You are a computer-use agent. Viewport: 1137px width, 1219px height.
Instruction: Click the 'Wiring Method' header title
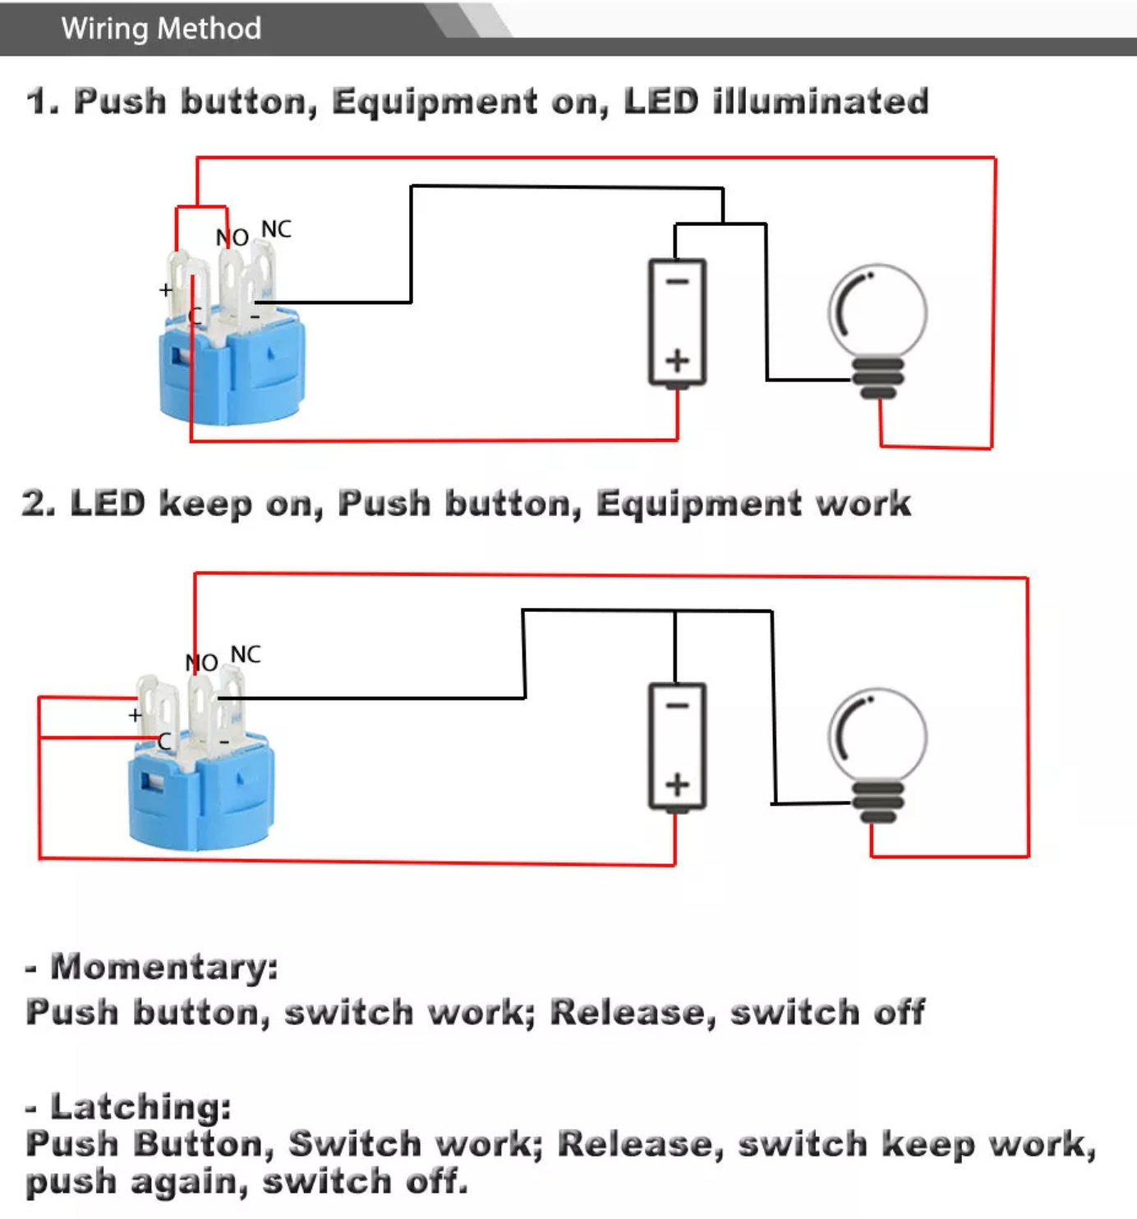coord(161,29)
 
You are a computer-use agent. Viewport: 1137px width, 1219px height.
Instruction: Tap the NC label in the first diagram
coord(276,229)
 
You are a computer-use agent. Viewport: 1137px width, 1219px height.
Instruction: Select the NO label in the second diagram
coord(201,662)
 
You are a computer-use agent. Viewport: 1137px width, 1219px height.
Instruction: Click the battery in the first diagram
coord(677,322)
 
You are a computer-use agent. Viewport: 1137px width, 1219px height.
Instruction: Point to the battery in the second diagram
coord(677,746)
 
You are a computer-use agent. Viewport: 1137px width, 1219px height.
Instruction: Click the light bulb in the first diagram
coord(877,329)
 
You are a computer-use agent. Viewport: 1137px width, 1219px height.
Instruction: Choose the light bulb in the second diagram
coord(877,752)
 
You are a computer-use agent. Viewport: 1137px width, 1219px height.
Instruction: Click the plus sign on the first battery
coord(677,361)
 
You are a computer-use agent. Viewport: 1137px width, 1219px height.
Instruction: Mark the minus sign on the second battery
coord(677,706)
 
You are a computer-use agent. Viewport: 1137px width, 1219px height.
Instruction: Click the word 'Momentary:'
coord(164,967)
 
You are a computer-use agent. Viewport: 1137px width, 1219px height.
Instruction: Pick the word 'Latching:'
coord(140,1106)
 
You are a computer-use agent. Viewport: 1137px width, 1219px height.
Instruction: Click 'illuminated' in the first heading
coord(821,102)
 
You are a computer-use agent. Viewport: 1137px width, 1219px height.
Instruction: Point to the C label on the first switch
coord(196,316)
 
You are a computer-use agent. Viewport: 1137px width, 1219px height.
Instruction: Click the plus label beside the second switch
coord(136,715)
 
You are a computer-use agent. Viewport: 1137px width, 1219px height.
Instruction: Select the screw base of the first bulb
coord(877,378)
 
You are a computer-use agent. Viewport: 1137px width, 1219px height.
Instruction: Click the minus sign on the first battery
coord(677,282)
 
